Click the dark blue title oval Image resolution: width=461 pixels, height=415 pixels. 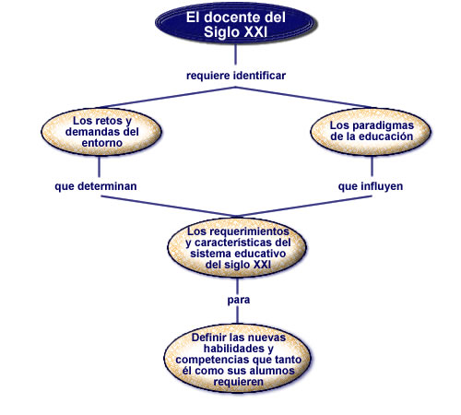pos(236,24)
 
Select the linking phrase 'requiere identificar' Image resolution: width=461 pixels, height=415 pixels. pos(236,76)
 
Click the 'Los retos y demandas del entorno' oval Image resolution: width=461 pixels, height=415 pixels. pos(101,132)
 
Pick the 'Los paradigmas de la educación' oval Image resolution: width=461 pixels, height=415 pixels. pos(371,132)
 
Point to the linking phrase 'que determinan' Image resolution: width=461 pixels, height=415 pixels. pos(96,186)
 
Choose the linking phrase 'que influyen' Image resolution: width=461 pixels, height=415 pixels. pos(371,186)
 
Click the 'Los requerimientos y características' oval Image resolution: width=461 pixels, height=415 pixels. pos(237,247)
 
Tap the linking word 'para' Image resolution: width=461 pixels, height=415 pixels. pos(239,300)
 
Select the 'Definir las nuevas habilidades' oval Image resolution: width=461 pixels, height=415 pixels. pos(238,359)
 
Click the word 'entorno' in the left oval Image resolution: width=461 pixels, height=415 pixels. pos(102,143)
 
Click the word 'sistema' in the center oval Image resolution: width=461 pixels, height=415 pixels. pos(208,254)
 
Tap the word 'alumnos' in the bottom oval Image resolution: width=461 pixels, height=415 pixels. pos(272,371)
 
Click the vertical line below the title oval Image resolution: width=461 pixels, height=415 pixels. pos(236,54)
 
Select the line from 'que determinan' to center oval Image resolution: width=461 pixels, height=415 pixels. pos(169,206)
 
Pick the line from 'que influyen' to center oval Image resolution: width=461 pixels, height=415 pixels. pos(304,206)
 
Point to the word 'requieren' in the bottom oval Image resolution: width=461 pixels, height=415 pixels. pos(239,382)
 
